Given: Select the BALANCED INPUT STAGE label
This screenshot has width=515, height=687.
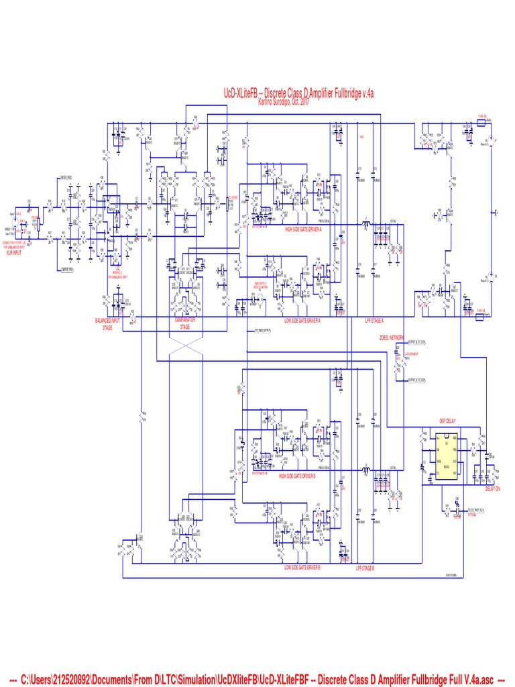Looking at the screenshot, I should (107, 324).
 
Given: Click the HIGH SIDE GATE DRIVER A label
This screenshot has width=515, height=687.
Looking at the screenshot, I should (303, 229).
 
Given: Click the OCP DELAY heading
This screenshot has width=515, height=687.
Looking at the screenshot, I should (448, 421).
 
